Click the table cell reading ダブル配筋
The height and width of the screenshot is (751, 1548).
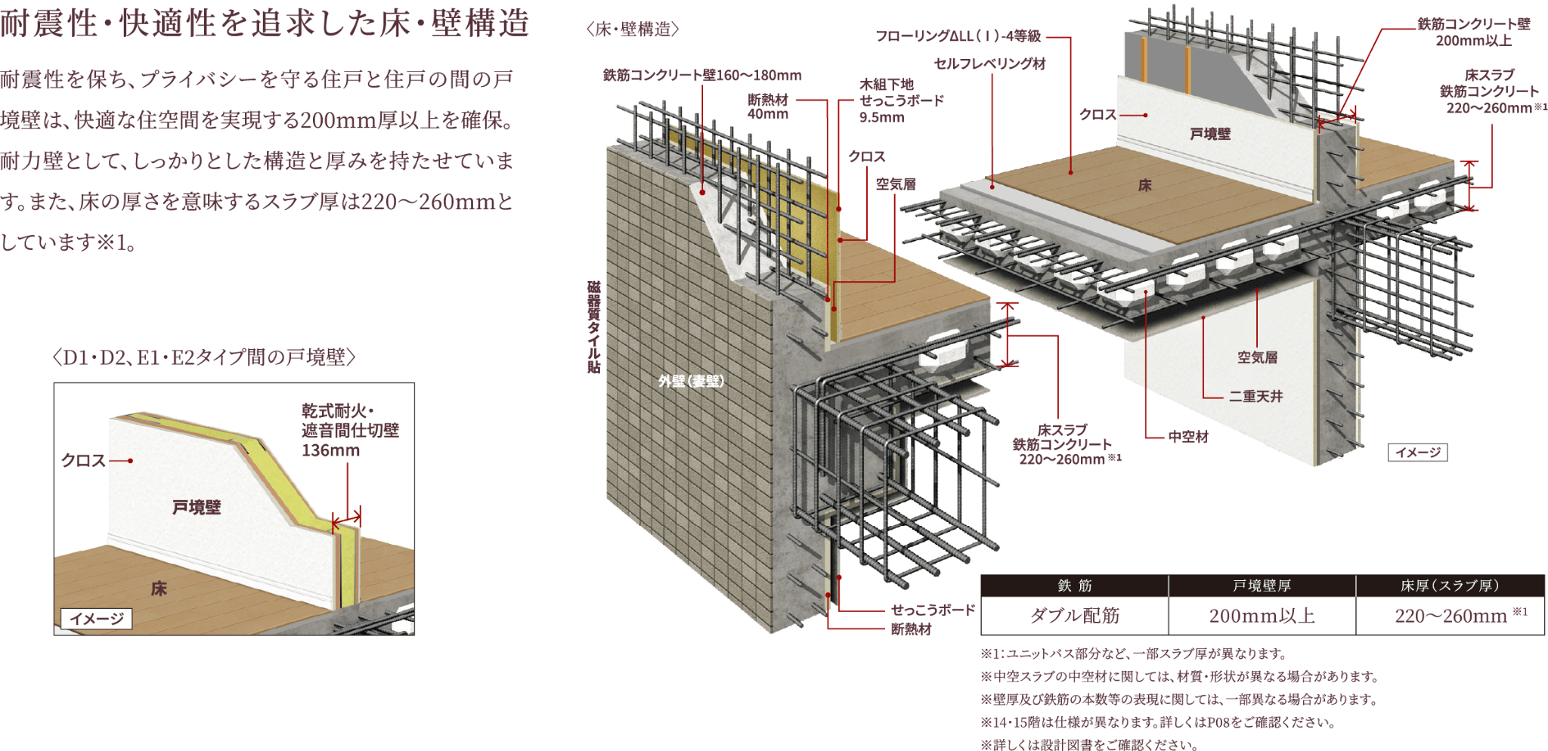1074,616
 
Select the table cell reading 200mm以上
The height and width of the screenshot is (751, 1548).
1262,616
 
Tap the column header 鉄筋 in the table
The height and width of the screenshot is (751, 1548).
1074,586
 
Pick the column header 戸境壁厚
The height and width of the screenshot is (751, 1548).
1262,586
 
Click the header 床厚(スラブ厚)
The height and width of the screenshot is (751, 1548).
1450,586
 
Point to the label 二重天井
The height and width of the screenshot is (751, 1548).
1255,396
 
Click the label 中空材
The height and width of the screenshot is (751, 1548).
1187,437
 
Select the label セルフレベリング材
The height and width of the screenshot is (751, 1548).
989,64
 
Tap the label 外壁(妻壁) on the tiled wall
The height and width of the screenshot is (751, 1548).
691,381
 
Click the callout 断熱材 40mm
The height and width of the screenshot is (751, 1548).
768,107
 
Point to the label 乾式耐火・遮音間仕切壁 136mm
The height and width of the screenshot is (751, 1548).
349,431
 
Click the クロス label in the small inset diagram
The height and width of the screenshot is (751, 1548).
83,460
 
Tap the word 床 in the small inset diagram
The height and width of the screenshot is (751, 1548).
159,589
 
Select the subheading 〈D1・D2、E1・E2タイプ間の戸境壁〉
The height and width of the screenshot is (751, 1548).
204,357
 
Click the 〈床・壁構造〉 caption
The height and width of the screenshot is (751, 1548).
633,29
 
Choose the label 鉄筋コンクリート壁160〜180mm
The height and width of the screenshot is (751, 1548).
702,75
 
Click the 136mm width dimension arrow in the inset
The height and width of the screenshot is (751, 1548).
347,519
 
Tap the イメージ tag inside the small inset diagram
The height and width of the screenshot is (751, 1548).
97,619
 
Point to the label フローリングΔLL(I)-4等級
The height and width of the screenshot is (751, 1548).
958,36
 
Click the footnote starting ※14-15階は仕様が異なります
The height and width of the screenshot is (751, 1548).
1157,722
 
